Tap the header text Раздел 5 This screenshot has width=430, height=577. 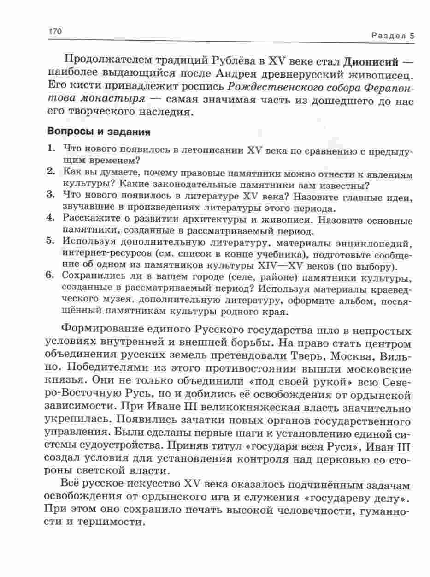pyautogui.click(x=393, y=36)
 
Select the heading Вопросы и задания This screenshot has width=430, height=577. pyautogui.click(x=99, y=132)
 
